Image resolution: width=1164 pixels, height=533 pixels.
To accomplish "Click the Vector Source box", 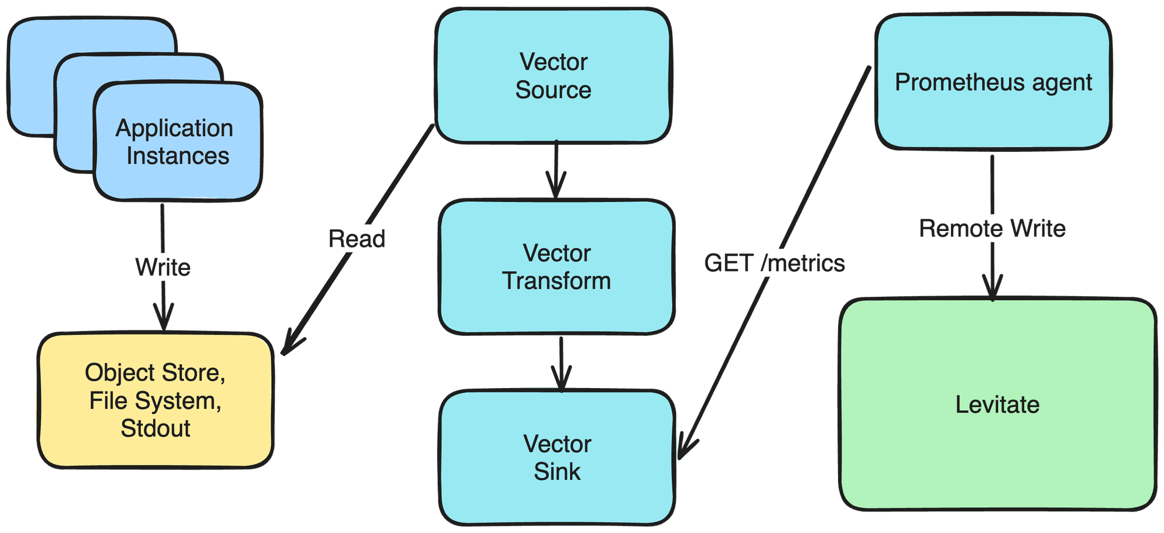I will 553,76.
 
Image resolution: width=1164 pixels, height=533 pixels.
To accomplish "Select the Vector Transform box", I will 556,267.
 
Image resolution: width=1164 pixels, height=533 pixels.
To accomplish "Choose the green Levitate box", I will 997,404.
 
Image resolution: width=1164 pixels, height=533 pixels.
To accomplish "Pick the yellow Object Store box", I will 155,400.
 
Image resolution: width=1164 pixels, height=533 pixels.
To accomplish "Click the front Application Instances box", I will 178,142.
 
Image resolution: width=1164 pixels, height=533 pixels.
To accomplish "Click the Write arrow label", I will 163,267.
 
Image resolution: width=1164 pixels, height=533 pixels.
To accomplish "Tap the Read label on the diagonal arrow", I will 357,239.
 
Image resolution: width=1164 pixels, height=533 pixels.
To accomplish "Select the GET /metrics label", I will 774,263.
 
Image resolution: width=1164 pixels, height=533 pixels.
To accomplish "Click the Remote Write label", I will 992,228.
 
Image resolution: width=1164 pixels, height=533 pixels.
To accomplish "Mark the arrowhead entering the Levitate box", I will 992,291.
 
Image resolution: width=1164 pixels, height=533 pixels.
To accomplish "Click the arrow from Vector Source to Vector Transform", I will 556,169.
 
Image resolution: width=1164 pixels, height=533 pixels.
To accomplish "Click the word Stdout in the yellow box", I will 155,428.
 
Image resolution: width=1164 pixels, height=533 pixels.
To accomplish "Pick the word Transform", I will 556,281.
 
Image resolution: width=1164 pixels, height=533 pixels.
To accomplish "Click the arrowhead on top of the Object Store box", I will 164,320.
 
